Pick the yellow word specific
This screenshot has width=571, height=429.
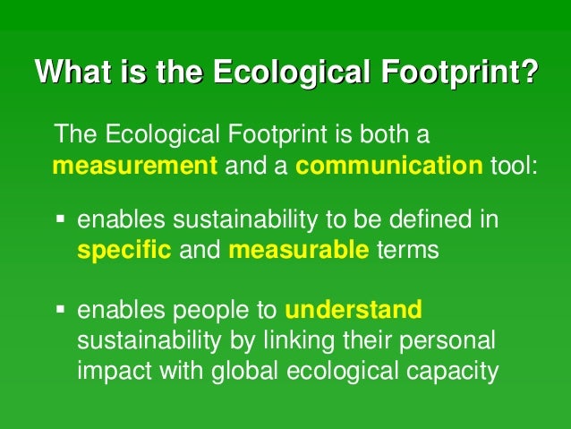click(124, 250)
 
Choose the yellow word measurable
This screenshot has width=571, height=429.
click(298, 250)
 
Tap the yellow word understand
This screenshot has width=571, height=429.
click(354, 310)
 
